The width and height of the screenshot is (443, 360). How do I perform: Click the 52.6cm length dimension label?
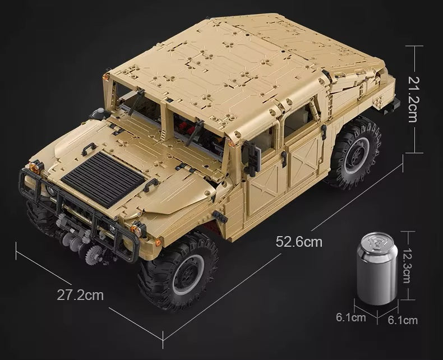pyautogui.click(x=299, y=242)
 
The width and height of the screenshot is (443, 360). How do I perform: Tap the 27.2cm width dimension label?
pyautogui.click(x=80, y=295)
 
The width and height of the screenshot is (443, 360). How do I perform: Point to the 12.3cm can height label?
pyautogui.click(x=407, y=266)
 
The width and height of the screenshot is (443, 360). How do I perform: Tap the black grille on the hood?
pyautogui.click(x=103, y=178)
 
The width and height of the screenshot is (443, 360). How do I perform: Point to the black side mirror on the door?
pyautogui.click(x=251, y=156)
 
